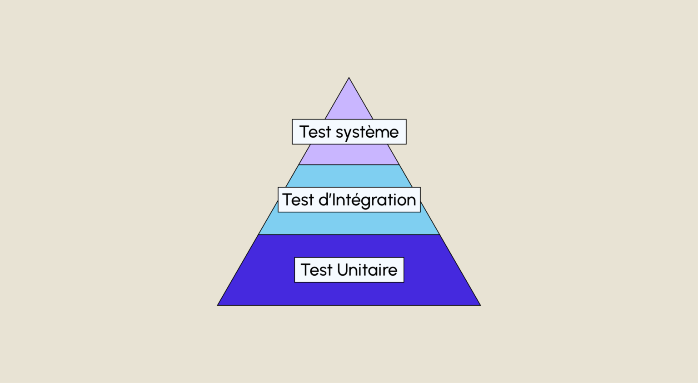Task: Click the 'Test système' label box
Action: click(349, 131)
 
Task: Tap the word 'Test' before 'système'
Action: click(315, 131)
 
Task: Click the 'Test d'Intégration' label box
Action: click(349, 199)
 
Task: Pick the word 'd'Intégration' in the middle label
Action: click(367, 200)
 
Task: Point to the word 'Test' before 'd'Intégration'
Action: click(298, 200)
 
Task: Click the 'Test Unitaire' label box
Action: click(349, 270)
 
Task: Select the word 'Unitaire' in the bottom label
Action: click(367, 270)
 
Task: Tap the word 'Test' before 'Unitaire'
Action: click(316, 270)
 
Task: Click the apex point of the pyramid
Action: click(349, 78)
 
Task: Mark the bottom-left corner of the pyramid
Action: click(218, 305)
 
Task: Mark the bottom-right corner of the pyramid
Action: click(480, 305)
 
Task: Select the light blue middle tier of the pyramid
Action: click(349, 223)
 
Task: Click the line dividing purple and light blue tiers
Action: click(349, 164)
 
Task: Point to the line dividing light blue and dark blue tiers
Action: click(349, 234)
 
